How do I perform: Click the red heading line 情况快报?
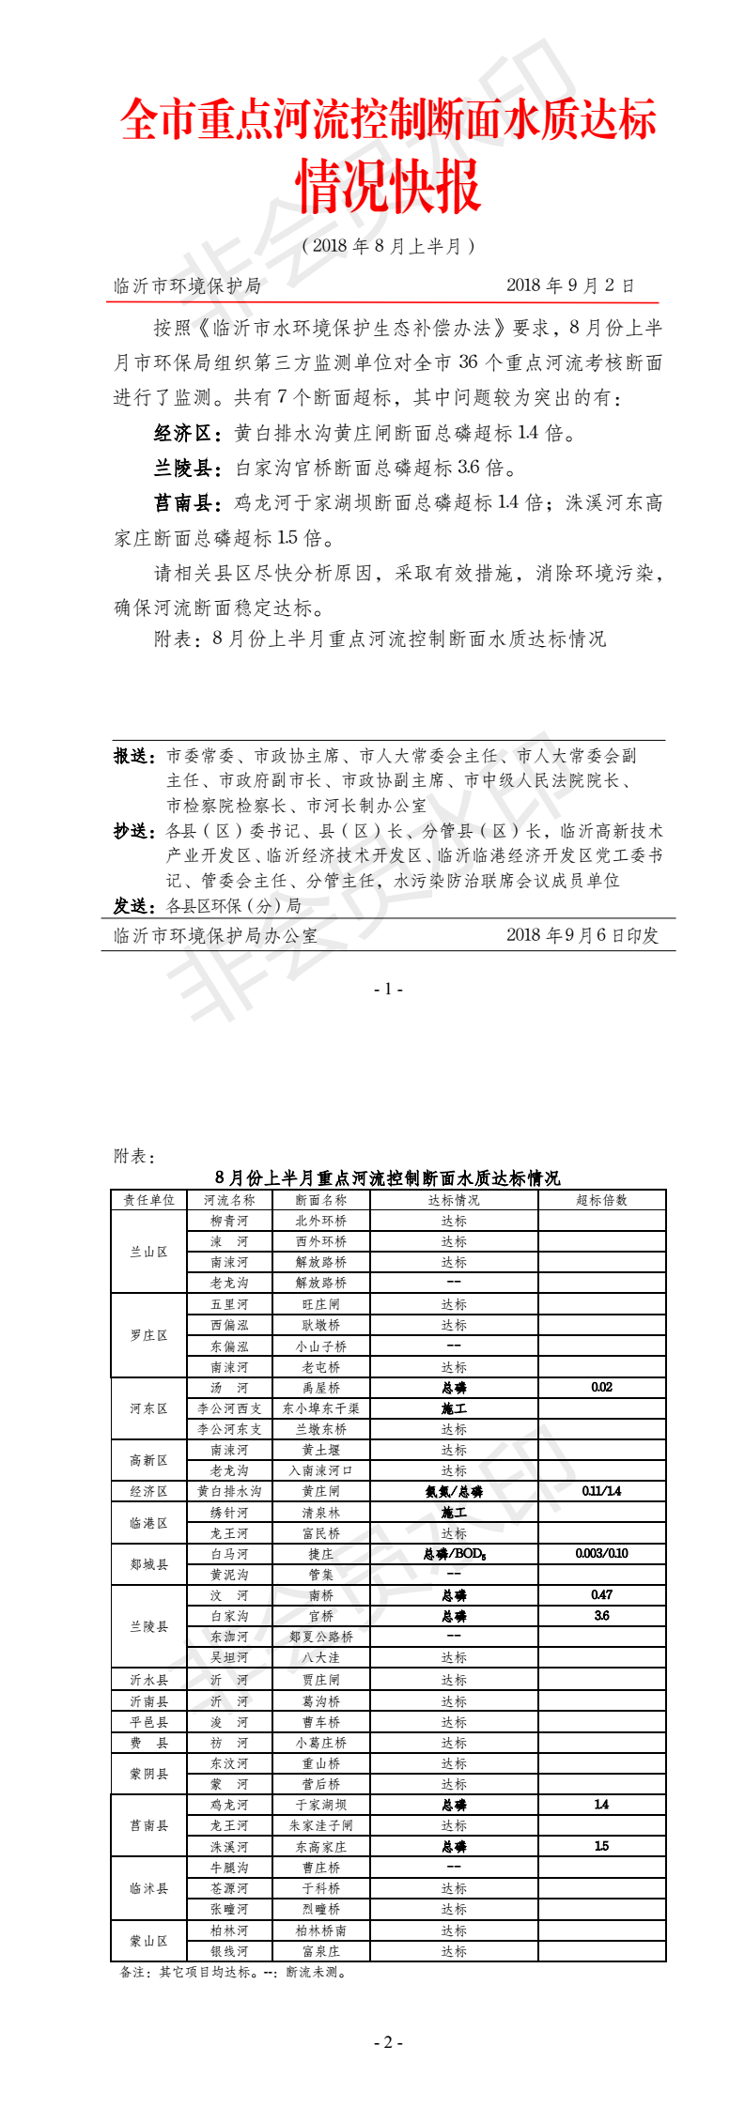pos(388,186)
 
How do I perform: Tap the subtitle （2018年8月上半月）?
pos(388,246)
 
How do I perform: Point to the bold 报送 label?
pos(133,756)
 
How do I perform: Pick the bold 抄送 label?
pos(133,831)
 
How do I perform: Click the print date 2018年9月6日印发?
pos(582,935)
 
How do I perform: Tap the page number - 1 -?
pos(388,989)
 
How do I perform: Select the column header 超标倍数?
pos(601,1200)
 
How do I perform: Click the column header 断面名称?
pos(320,1200)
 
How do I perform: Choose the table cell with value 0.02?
pos(601,1387)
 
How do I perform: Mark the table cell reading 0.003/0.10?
pos(601,1554)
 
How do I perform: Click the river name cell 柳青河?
pos(229,1221)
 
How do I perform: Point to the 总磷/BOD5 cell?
pos(454,1554)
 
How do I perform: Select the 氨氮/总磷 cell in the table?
pos(454,1491)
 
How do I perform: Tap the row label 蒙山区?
pos(148,1941)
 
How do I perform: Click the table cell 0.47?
pos(601,1595)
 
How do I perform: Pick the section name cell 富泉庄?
pos(320,1951)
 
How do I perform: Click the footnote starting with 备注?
pos(233,1972)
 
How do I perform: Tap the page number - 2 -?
pos(388,2042)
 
